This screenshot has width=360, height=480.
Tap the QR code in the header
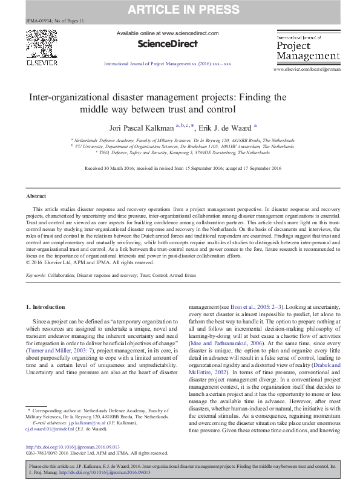click(41, 42)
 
